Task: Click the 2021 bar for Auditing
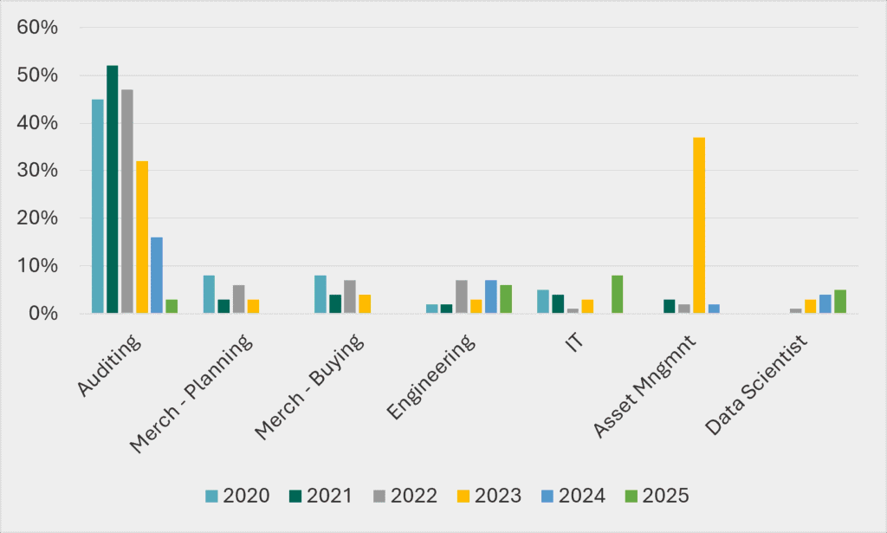(113, 189)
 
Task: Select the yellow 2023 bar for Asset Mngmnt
(699, 225)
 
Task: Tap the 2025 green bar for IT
(617, 294)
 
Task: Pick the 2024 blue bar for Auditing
(157, 275)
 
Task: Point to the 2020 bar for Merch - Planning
(209, 294)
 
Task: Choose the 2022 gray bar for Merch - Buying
(350, 296)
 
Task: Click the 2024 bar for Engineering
(491, 296)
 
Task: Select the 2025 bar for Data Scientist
(840, 302)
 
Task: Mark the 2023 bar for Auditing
(142, 237)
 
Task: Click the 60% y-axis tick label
(37, 27)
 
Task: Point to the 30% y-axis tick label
(37, 171)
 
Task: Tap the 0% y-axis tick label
(43, 314)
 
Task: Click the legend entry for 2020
(237, 496)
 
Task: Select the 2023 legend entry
(489, 496)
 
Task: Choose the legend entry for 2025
(657, 496)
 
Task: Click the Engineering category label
(431, 377)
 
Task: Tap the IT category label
(575, 342)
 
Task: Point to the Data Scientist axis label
(757, 385)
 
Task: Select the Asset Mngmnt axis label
(644, 386)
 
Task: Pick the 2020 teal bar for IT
(543, 302)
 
